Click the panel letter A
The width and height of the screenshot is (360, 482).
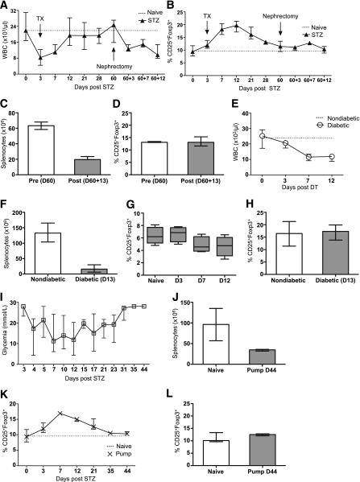6,6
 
